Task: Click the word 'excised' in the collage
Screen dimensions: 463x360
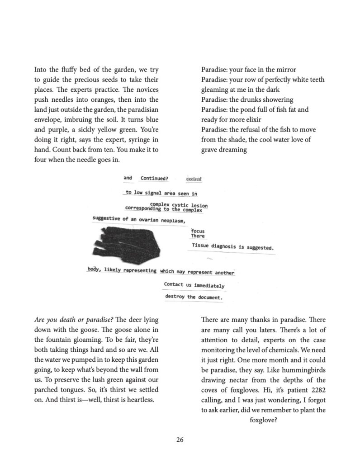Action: tap(194, 179)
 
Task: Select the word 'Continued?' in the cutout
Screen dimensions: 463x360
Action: tap(154, 178)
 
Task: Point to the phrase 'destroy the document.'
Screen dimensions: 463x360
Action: tap(194, 297)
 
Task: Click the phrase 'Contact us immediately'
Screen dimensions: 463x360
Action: tap(194, 285)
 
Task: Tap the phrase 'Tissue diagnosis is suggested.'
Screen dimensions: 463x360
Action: tap(232, 248)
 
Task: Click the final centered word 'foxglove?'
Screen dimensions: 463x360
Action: tap(263, 420)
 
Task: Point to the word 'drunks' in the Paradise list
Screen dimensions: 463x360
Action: tap(255, 99)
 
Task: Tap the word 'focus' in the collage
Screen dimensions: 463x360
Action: tap(198, 231)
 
